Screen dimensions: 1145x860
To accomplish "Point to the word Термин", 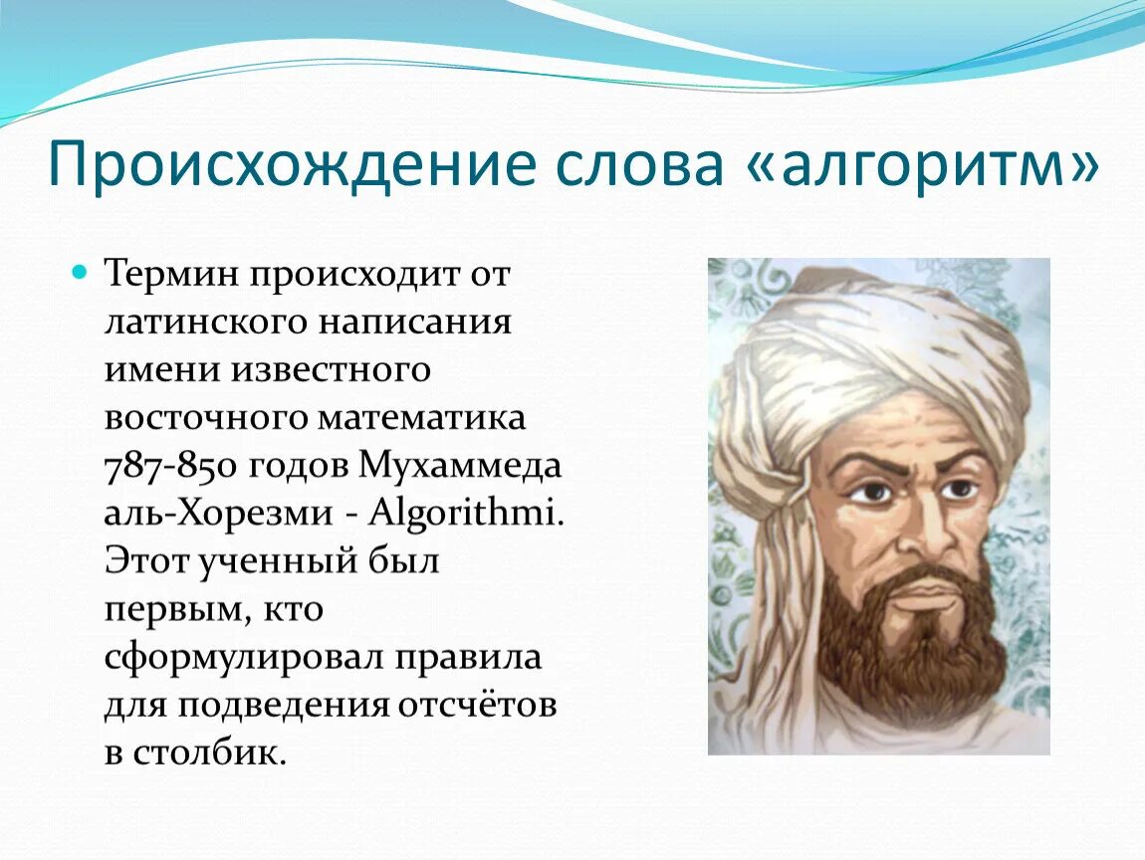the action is [173, 275].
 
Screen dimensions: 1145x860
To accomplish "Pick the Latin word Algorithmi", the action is [467, 513].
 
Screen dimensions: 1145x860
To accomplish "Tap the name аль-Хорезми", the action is [219, 514].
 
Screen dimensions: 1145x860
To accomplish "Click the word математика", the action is [422, 418].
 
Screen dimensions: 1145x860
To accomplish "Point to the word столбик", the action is [208, 752].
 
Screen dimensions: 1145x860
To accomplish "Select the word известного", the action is [333, 370].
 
